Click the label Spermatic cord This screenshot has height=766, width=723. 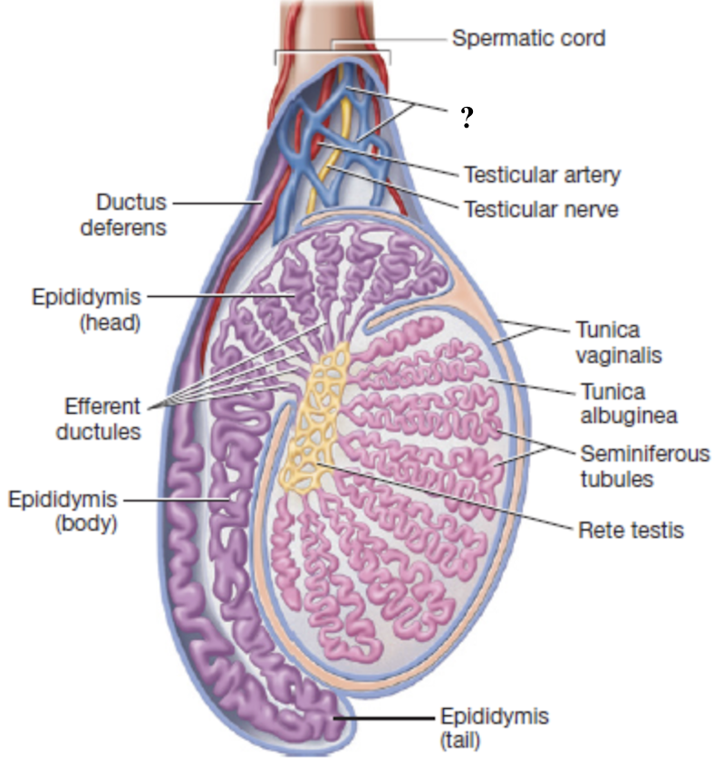tap(528, 39)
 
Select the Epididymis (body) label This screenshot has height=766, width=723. tap(63, 511)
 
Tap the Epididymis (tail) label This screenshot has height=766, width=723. tap(494, 728)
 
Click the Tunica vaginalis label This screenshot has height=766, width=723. tap(621, 341)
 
